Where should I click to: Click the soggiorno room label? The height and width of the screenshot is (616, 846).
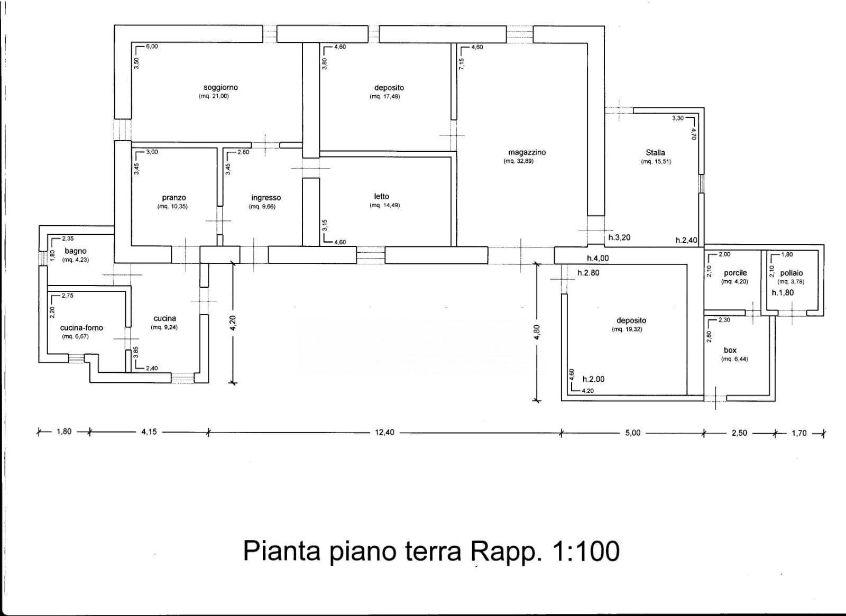220,87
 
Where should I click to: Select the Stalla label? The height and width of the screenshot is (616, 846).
655,152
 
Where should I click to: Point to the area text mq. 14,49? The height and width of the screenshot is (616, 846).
384,205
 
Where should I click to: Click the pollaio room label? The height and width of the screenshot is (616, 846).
791,273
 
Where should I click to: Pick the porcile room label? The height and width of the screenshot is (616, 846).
735,273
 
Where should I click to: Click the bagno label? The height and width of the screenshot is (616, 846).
76,251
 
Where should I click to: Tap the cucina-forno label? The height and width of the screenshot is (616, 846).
81,328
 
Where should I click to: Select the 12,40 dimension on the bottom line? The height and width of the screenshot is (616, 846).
384,433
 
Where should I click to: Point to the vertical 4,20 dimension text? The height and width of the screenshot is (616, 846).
233,322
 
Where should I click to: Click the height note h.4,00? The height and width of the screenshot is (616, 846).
597,259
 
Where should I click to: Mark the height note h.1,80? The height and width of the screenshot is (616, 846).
783,292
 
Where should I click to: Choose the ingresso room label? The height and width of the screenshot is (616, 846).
266,198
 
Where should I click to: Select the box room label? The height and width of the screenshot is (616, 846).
730,350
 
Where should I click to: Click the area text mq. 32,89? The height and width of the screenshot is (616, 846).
518,161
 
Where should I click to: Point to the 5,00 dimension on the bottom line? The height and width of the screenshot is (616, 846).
632,433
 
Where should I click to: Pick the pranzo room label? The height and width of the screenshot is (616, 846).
174,198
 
